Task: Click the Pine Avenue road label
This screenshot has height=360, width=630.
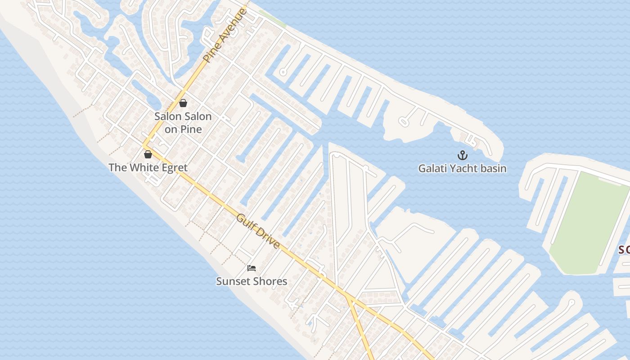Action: click(225, 35)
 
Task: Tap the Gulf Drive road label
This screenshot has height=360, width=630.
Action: click(258, 231)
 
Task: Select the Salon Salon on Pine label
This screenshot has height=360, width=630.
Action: click(183, 122)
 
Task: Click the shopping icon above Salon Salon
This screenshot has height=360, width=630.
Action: click(183, 103)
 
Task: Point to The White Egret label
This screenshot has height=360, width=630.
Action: click(148, 168)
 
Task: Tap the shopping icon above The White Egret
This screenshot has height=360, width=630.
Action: click(148, 154)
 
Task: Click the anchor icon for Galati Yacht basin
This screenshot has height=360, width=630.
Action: click(462, 156)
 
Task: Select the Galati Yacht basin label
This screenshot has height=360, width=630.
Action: click(462, 169)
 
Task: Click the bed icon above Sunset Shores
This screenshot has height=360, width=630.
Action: click(252, 268)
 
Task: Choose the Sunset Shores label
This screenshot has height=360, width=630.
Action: click(252, 281)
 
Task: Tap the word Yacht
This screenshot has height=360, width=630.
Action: click(465, 169)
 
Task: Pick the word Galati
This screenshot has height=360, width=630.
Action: click(433, 169)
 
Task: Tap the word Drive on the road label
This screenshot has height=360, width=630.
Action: click(269, 241)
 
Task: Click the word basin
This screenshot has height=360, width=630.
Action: click(493, 169)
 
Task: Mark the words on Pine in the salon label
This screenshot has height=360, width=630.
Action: click(183, 129)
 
